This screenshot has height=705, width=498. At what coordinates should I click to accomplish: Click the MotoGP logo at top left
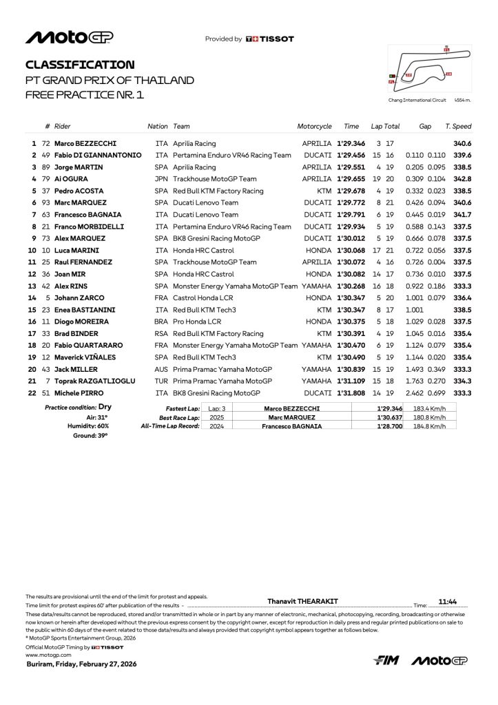[70, 38]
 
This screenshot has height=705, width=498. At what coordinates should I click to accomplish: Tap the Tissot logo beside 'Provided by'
[269, 39]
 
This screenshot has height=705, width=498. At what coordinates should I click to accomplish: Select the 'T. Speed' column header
[458, 127]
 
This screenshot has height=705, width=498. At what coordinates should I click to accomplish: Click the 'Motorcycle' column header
[314, 127]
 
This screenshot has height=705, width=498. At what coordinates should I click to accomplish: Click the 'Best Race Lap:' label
[179, 417]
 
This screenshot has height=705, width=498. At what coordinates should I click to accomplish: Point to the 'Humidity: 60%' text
[87, 426]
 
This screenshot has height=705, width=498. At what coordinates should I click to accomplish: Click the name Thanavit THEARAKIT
[302, 601]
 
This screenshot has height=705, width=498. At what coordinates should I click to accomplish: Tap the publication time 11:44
[448, 601]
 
